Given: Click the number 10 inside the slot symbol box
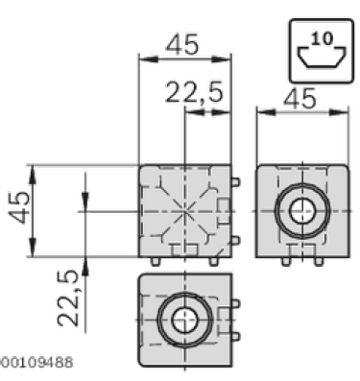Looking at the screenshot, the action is [322, 38].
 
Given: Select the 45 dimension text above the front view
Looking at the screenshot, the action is [182, 45].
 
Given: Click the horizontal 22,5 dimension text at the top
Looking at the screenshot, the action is [194, 92].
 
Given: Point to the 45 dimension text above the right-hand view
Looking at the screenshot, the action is [300, 98].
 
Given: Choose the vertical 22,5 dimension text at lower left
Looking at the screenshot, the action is [68, 298].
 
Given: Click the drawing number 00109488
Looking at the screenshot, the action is [36, 363].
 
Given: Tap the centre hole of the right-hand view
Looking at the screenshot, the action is [302, 211].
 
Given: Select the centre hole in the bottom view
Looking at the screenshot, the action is [185, 320].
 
